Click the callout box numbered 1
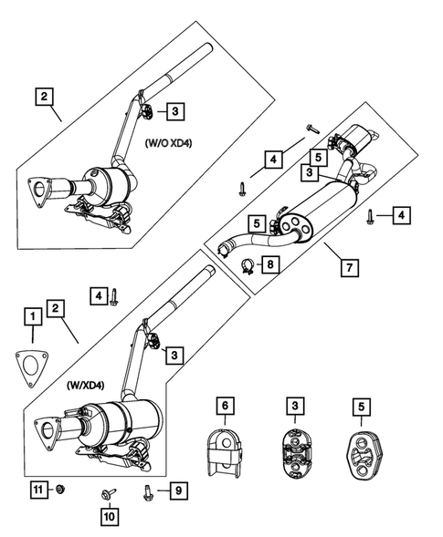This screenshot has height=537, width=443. pos(32,316)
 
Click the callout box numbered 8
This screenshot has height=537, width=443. pos(272,265)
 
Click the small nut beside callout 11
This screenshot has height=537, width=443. pos(58,491)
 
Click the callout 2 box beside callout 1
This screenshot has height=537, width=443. pos(57,310)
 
